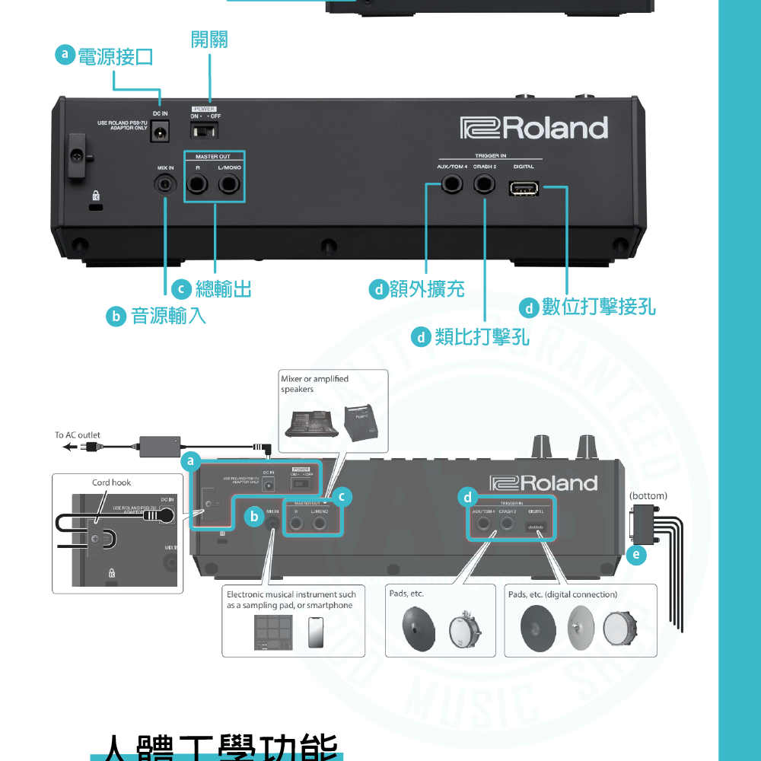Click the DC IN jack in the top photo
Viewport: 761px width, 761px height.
point(160,132)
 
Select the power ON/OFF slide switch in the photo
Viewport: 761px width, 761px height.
point(204,132)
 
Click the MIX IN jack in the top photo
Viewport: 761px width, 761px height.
point(166,184)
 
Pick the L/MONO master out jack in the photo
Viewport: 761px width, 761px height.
point(229,184)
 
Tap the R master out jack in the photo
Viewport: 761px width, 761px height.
point(198,184)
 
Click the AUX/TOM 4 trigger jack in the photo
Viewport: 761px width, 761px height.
point(452,184)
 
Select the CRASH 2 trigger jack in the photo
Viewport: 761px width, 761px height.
point(484,184)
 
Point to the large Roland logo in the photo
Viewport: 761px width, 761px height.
point(534,128)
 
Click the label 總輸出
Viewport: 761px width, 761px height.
point(223,289)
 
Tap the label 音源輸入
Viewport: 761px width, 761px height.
point(168,316)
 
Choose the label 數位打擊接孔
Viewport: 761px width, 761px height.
point(598,307)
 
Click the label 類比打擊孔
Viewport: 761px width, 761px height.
point(482,336)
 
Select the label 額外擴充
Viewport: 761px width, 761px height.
point(426,289)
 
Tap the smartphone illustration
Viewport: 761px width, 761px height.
point(315,632)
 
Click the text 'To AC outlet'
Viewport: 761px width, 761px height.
point(77,435)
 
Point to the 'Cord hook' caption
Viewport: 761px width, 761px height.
point(111,482)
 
